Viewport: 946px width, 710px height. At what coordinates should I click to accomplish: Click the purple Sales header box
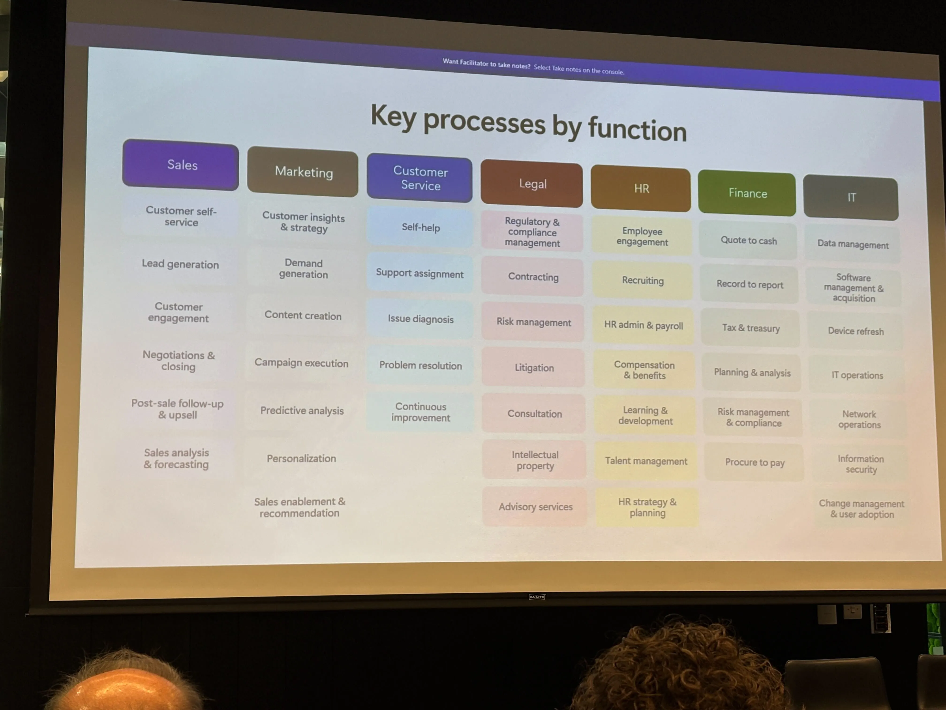click(x=180, y=165)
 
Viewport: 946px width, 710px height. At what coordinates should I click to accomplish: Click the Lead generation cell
click(x=180, y=264)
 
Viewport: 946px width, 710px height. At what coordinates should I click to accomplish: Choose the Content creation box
click(x=303, y=315)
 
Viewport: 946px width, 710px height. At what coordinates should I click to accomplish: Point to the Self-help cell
click(x=420, y=227)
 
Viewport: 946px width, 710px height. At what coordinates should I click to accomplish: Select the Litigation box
click(x=534, y=368)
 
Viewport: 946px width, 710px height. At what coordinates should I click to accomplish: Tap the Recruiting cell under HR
click(x=643, y=280)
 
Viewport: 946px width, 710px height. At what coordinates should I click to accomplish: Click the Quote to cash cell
click(x=748, y=240)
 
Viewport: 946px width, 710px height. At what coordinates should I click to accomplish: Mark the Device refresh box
click(x=855, y=331)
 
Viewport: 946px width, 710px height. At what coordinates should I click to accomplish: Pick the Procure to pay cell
click(x=754, y=462)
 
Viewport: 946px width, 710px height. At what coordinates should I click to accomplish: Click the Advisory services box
click(x=535, y=507)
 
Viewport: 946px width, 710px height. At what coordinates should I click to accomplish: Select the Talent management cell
click(x=646, y=461)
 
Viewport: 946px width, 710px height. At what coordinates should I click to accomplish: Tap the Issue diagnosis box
click(x=420, y=319)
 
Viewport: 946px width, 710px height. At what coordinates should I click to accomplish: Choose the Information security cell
click(x=860, y=464)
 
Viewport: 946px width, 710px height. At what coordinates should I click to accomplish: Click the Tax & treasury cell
click(x=751, y=328)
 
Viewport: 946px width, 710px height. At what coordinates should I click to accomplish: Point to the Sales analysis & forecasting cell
click(x=176, y=458)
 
